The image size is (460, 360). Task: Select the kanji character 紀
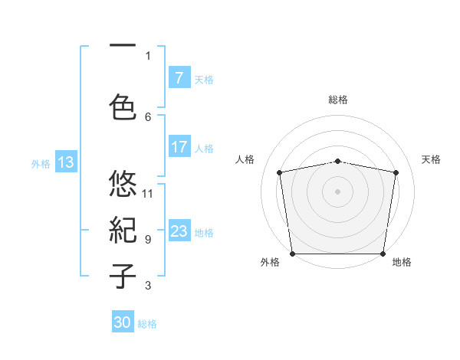point(123,230)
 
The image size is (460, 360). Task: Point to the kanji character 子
point(123,276)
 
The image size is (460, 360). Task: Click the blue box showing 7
point(179,78)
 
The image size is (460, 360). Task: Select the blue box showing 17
point(179,147)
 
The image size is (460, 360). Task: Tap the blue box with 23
point(179,231)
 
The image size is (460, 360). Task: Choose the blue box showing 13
point(65,162)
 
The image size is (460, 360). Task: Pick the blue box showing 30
point(123,322)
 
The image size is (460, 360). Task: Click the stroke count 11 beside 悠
point(148,193)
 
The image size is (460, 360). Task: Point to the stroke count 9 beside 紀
point(148,239)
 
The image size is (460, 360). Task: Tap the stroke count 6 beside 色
point(148,116)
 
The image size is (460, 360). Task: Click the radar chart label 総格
point(338,100)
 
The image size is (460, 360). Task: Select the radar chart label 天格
point(431,159)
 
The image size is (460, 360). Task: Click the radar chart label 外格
point(270,262)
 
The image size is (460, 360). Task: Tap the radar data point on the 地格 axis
point(383,254)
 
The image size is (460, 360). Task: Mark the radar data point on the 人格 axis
point(280,172)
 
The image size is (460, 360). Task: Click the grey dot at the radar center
point(338,191)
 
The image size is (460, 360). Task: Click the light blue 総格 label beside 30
point(147,324)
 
